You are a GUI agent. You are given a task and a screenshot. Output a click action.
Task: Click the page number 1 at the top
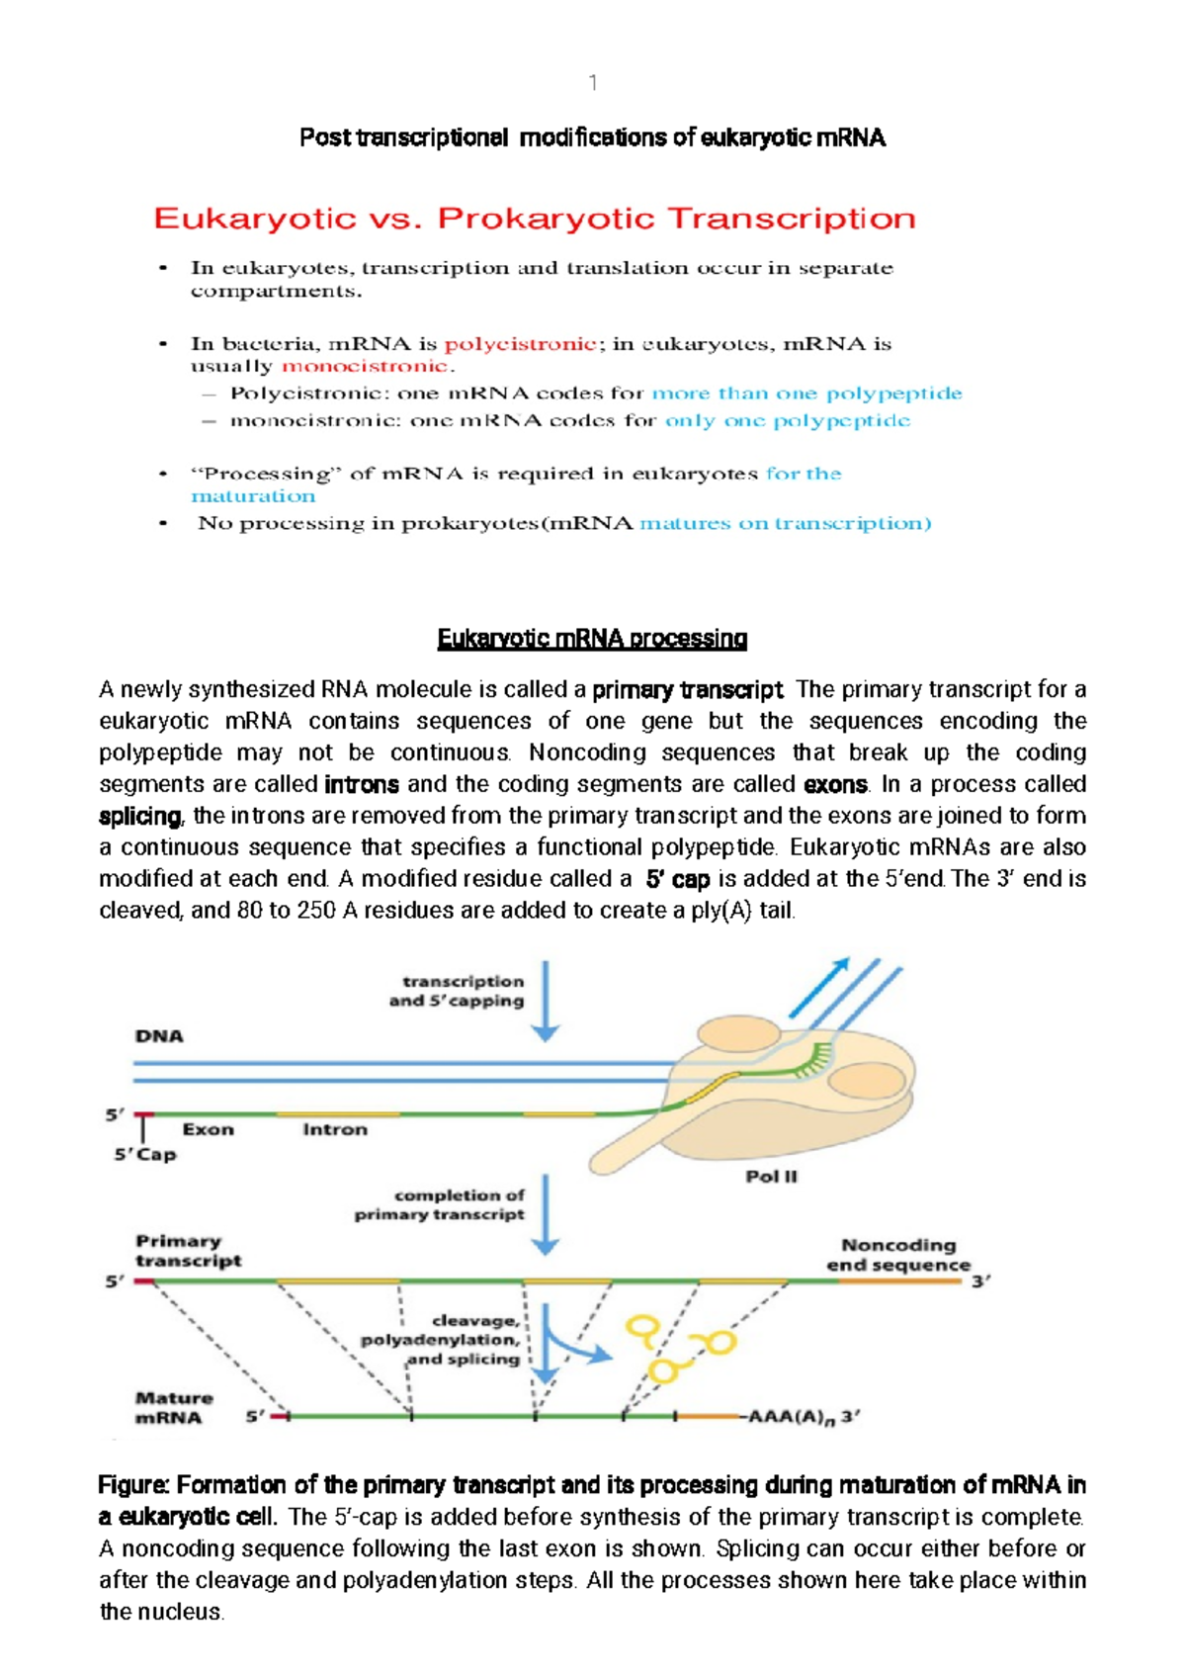592,83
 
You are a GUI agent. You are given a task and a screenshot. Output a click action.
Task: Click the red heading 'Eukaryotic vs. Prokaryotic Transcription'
535,219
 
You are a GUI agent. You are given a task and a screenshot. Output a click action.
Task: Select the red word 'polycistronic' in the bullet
520,344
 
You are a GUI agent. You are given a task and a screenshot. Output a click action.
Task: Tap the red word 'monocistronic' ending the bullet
365,366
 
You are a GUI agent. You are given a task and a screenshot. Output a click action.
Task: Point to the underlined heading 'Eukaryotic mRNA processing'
592,639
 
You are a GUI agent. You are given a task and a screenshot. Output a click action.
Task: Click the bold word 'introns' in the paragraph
362,785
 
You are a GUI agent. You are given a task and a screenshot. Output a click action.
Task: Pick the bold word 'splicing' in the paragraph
140,817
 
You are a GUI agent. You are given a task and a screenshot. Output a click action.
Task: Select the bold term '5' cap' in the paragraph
677,879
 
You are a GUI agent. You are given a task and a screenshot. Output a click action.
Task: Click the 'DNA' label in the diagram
159,1036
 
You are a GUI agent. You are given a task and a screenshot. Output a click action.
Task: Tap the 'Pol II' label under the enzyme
771,1177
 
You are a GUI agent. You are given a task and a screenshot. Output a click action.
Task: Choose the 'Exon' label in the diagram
208,1129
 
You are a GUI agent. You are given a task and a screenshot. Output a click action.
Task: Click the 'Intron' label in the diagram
335,1129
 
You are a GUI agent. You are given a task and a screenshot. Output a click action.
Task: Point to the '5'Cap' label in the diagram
145,1155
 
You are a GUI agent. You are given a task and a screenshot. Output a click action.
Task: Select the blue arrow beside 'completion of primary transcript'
545,1214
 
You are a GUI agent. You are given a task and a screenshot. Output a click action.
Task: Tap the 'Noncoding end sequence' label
898,1255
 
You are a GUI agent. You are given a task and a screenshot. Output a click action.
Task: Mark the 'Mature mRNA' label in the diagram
174,1408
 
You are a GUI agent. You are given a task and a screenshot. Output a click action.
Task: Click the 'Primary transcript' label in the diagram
188,1251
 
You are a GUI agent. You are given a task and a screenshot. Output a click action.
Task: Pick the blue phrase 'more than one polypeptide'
806,394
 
